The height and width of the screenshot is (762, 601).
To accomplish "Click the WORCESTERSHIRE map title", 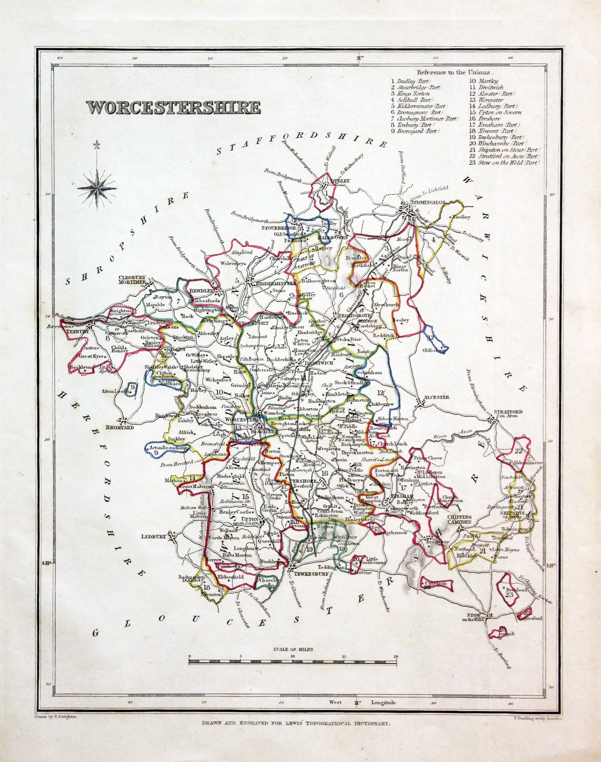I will coord(174,108).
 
